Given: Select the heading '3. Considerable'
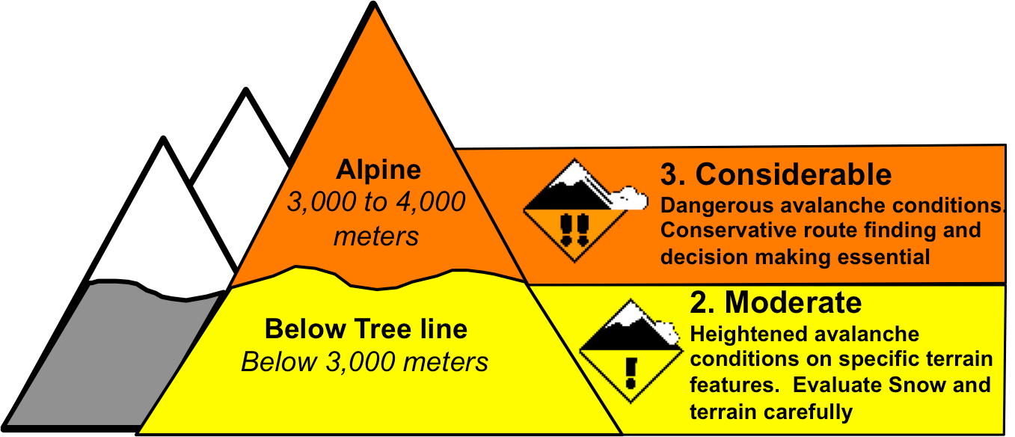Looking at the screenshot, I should click(776, 174).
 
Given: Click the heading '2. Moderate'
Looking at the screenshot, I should click(775, 302).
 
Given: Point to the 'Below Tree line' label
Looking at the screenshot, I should click(366, 328).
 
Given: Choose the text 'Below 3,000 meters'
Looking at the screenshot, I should click(364, 362).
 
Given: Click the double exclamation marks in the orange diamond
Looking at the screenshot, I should click(574, 228).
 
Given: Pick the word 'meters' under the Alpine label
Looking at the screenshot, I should click(376, 236).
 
